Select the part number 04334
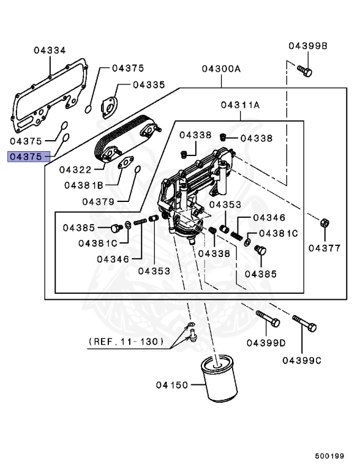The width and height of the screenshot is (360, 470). tap(50, 51)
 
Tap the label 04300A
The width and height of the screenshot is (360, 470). tap(221, 69)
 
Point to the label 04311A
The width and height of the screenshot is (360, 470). tap(241, 105)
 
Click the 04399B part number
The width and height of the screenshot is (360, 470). tap(308, 46)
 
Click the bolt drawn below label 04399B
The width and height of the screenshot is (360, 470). tap(305, 72)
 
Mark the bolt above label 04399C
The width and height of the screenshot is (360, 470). tap(304, 323)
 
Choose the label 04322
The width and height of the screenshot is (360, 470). tap(75, 170)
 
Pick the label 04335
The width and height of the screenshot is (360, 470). tap(149, 85)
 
